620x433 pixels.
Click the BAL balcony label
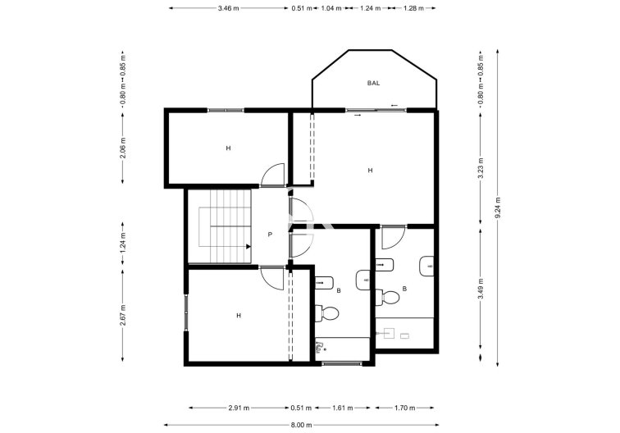point(374,83)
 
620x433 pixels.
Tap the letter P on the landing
point(270,235)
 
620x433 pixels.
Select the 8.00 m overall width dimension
point(303,425)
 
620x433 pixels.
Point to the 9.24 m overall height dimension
point(498,210)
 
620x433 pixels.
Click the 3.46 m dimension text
point(228,8)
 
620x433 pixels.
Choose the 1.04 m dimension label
point(332,8)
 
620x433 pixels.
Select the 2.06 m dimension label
point(123,146)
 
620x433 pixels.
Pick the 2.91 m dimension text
point(239,408)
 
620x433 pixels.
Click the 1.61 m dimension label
point(343,408)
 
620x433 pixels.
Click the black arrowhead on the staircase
point(247,245)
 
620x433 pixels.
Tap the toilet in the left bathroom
point(329,312)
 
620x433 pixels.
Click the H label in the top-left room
point(229,148)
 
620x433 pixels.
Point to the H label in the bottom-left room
point(239,315)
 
